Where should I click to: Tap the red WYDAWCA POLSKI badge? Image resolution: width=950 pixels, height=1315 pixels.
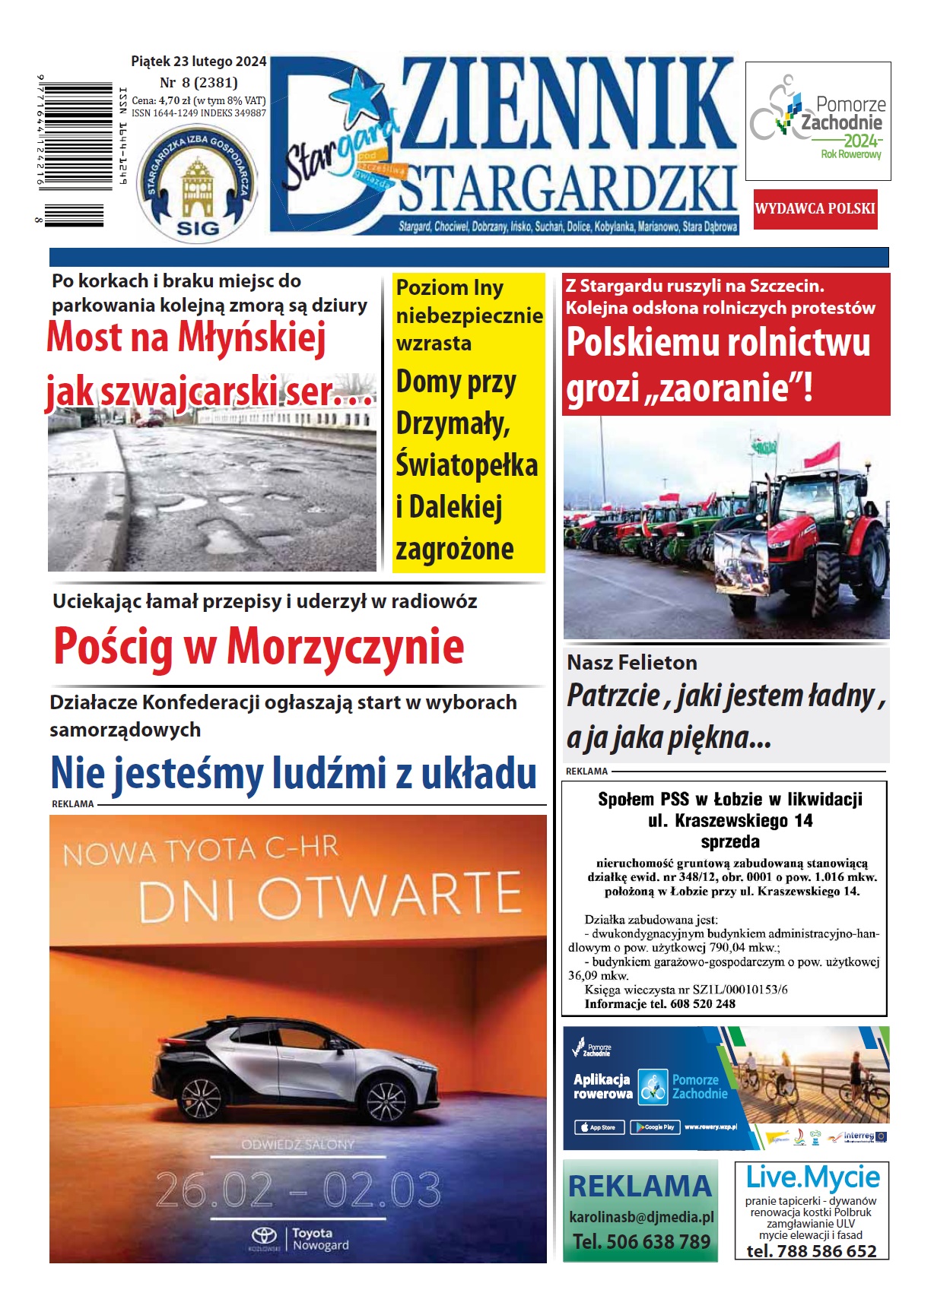(815, 209)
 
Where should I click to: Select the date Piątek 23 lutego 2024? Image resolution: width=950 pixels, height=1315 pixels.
(199, 62)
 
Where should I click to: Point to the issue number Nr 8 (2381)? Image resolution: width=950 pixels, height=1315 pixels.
(199, 82)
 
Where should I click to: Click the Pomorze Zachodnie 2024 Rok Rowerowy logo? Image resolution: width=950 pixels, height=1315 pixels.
(818, 121)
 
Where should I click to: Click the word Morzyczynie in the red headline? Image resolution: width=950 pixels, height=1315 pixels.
(345, 647)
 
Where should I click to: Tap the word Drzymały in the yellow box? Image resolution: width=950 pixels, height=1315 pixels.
(453, 424)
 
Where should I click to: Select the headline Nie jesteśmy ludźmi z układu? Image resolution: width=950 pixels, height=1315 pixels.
(294, 774)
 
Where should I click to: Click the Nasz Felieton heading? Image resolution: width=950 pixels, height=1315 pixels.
(631, 663)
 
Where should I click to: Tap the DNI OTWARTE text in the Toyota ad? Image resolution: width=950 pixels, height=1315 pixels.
(330, 897)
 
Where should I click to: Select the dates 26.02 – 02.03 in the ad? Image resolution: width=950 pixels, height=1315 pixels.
(298, 1190)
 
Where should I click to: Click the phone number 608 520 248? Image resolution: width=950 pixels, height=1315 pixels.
(692, 1004)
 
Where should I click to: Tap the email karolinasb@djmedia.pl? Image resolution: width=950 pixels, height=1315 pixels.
(641, 1217)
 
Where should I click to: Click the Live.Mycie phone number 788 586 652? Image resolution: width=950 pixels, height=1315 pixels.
(811, 1251)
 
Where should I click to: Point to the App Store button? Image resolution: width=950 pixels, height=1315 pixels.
(598, 1127)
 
